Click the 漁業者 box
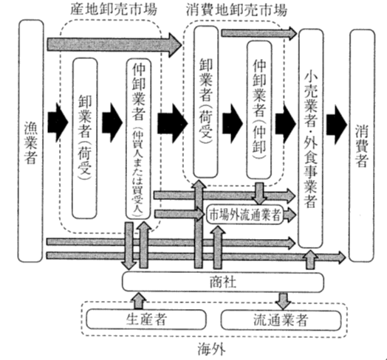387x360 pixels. click(x=31, y=141)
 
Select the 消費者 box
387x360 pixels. click(x=362, y=145)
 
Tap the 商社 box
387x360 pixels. click(x=223, y=282)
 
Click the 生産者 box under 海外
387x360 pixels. click(x=146, y=320)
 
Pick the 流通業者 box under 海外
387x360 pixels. click(x=281, y=320)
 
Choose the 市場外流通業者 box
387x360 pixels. click(x=244, y=215)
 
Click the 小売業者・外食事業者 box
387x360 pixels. click(x=311, y=139)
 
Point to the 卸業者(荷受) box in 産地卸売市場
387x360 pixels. click(x=85, y=138)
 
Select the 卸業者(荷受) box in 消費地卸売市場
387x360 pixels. click(x=206, y=102)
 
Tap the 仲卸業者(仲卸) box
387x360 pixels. click(x=259, y=110)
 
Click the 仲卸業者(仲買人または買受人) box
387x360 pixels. click(x=138, y=139)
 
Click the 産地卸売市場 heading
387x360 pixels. click(x=114, y=10)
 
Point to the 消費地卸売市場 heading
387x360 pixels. click(x=236, y=10)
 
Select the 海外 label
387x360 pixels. click(x=211, y=349)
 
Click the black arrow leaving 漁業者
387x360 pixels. click(x=58, y=122)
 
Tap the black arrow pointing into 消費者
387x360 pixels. click(x=337, y=125)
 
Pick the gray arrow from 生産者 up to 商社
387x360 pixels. click(x=138, y=301)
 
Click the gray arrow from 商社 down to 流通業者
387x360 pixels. click(x=283, y=301)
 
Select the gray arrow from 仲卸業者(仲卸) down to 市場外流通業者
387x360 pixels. click(x=259, y=193)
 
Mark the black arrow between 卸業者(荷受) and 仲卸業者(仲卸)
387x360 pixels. click(x=232, y=123)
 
